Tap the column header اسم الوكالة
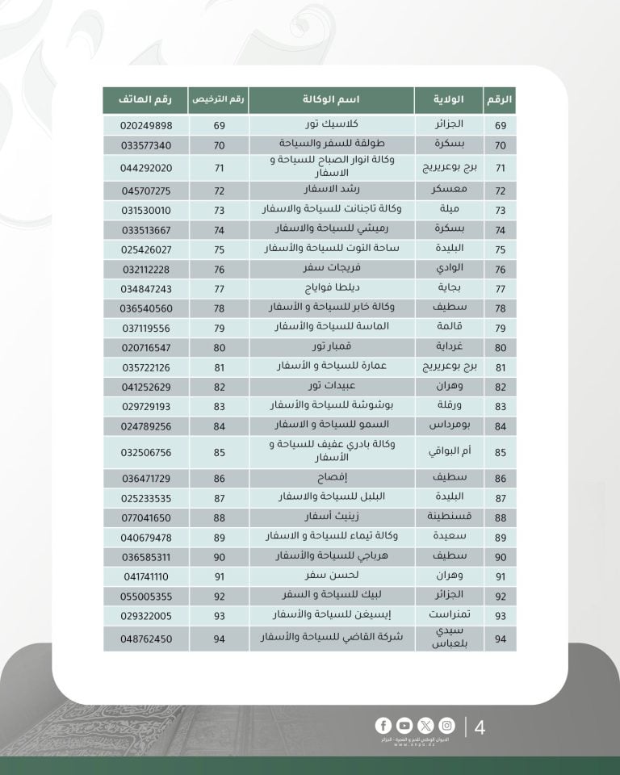pos(331,99)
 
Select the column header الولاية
pos(448,99)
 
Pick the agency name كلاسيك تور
pos(331,126)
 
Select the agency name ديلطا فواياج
pos(331,288)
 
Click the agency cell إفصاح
pos(331,479)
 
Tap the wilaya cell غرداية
pos(448,347)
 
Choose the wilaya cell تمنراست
pos(448,614)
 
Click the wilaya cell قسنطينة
pos(448,517)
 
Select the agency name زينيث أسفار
pos(331,517)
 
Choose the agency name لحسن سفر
pos(331,576)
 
